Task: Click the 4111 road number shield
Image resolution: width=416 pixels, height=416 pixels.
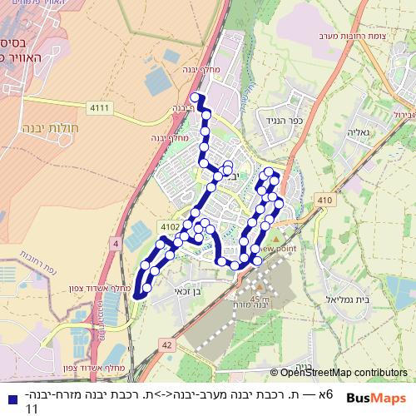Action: pyautogui.click(x=99, y=107)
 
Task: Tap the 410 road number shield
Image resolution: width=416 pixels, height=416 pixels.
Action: pyautogui.click(x=324, y=201)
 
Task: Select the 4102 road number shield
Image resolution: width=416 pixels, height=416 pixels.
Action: pyautogui.click(x=169, y=225)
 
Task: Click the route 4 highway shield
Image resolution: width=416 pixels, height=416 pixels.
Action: pyautogui.click(x=115, y=242)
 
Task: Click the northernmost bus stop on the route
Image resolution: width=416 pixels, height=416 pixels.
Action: pyautogui.click(x=195, y=98)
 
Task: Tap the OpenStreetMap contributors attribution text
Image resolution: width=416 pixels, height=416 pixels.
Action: pyautogui.click(x=344, y=373)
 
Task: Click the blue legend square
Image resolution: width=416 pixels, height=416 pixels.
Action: pyautogui.click(x=9, y=399)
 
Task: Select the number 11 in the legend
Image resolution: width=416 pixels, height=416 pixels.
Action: pyautogui.click(x=32, y=409)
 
